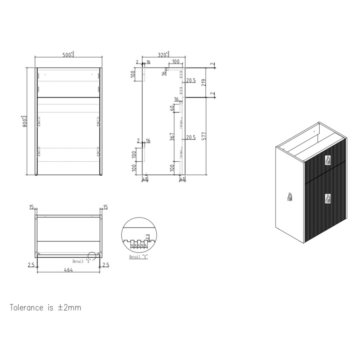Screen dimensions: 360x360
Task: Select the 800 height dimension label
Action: coord(25,120)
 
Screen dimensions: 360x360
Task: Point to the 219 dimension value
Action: coord(204,83)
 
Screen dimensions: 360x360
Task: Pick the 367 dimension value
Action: coord(172,136)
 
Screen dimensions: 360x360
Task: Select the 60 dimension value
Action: coord(172,108)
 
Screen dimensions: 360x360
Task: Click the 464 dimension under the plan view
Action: coord(68,270)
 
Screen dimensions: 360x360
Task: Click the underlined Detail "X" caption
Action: coord(138,257)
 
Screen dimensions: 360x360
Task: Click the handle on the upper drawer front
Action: coord(328,160)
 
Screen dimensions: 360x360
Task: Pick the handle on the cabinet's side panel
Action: coord(290,197)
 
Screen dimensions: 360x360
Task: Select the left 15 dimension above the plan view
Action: coord(32,207)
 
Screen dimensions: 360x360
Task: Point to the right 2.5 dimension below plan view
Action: coord(105,265)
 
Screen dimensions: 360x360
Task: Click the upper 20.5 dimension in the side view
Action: coord(190,81)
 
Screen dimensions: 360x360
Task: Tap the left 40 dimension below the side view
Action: coord(145,179)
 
